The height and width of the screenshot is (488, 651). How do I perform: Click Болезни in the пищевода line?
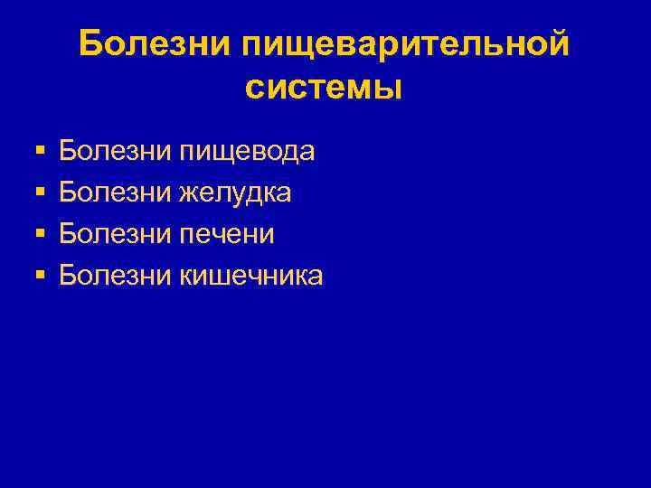[113, 151]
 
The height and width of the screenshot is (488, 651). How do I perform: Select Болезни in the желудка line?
[113, 192]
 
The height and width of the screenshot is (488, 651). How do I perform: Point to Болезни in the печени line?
[113, 234]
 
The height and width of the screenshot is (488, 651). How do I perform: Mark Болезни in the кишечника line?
[113, 276]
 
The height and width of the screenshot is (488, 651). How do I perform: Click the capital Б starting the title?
[90, 43]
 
